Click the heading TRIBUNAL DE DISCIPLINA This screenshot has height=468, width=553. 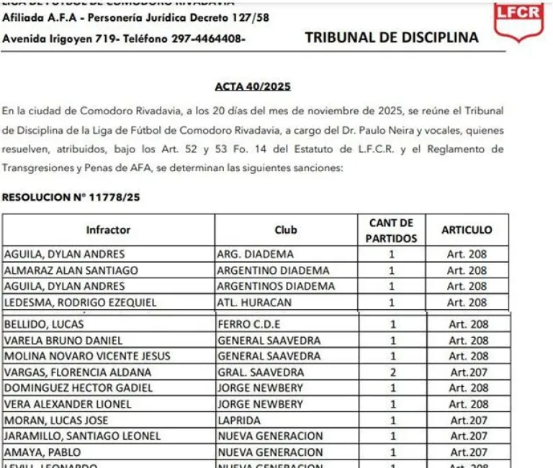coord(392,38)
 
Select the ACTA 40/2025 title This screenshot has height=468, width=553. coord(252,87)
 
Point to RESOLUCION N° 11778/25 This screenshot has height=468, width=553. coord(71,197)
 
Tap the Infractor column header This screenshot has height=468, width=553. coord(108,230)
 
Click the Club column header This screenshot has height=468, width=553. coord(285,230)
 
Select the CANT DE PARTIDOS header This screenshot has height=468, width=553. coord(391,230)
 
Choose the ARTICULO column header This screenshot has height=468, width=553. coord(467,230)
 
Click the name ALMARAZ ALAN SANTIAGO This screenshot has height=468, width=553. coord(65,270)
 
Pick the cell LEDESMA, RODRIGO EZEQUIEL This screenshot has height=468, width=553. coord(80,303)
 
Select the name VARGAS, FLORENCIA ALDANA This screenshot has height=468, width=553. coord(78,372)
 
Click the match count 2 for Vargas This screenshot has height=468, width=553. coord(392,372)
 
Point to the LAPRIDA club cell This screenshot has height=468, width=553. coord(239,421)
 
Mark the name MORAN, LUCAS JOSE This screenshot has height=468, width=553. coord(56,421)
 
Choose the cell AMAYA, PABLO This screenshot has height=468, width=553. coord(42,452)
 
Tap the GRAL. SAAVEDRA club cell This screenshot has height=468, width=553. coord(260,372)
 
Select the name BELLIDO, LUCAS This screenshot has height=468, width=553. coord(44,324)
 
